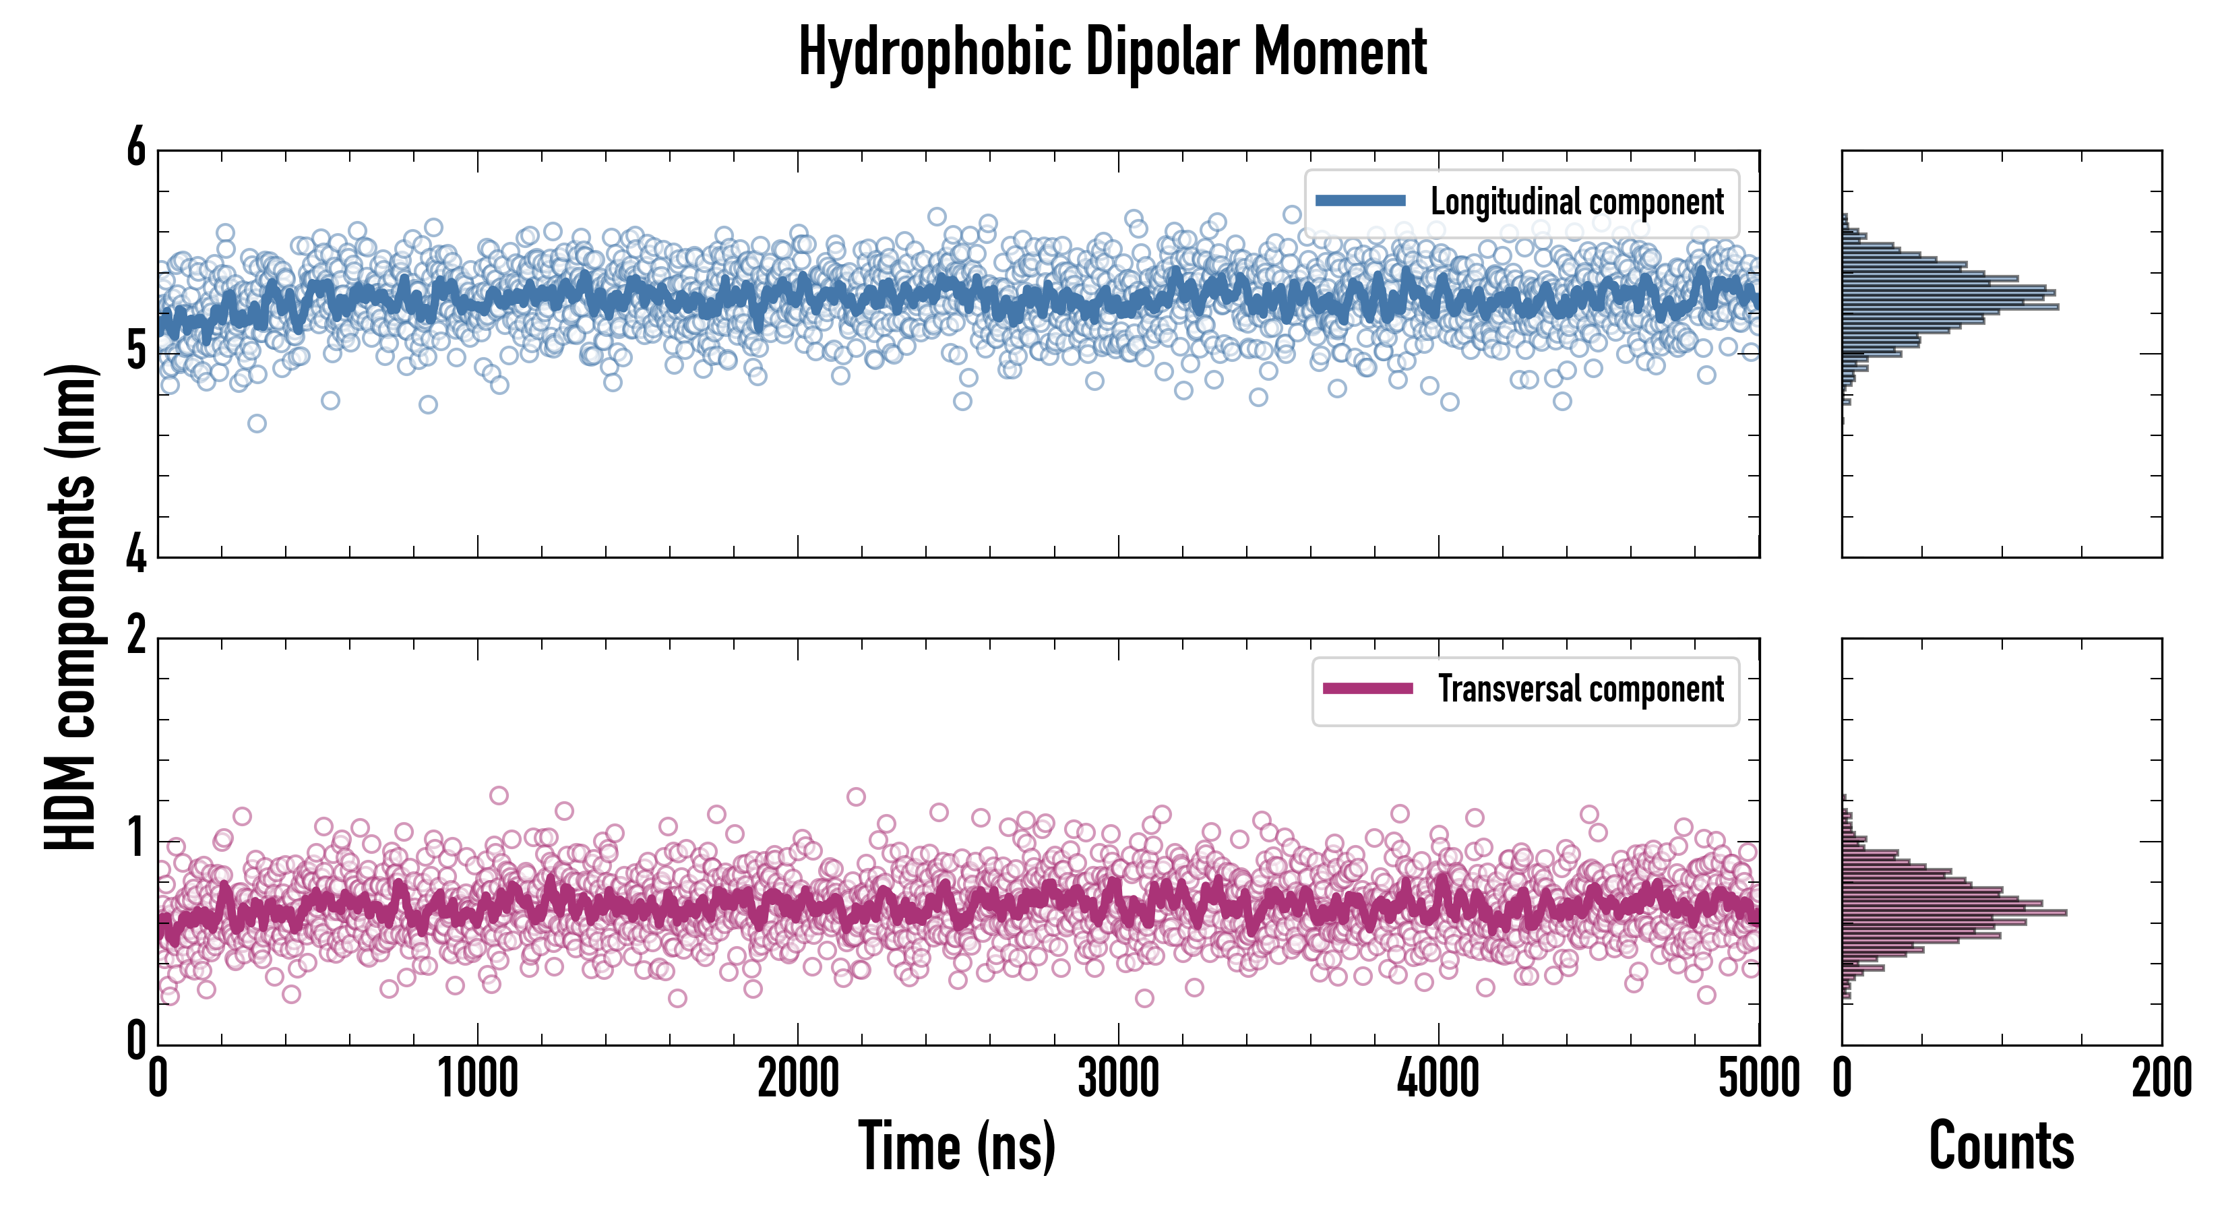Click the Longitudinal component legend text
pos(1576,202)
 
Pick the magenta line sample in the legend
pos(1367,689)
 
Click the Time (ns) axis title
pos(956,1146)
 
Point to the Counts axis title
pos(2001,1146)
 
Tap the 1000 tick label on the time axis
pos(477,1079)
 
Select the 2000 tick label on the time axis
pos(798,1079)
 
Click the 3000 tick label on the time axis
pos(1118,1079)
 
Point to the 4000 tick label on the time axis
pos(1438,1079)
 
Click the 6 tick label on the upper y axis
pos(136,148)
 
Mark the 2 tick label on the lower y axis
pos(136,637)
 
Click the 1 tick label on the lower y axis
pos(136,839)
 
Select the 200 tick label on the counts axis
pos(2161,1079)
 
